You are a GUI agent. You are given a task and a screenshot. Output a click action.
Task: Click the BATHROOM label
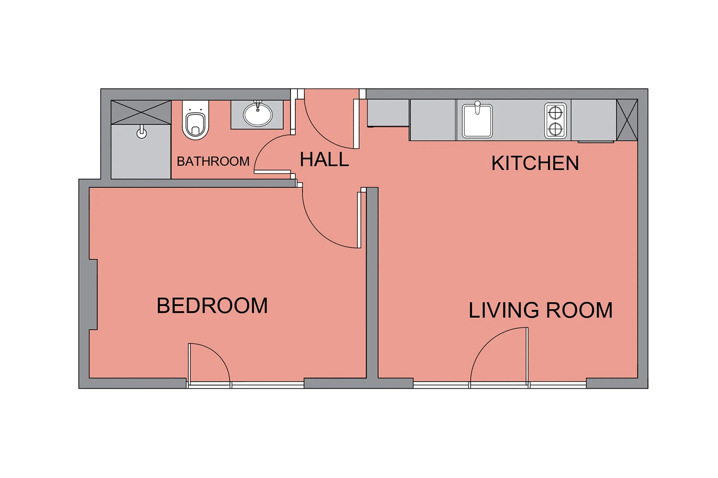[x=213, y=161]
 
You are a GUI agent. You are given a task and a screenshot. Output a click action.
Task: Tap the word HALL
[x=324, y=160]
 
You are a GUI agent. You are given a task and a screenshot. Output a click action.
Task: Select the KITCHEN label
[x=535, y=163]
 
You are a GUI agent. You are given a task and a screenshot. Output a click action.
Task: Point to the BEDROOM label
[x=212, y=305]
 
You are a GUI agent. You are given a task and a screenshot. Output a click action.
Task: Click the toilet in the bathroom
[x=195, y=120]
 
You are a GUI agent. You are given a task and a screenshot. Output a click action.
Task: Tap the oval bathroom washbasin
[x=258, y=114]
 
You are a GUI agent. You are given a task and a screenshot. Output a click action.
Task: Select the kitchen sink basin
[x=477, y=121]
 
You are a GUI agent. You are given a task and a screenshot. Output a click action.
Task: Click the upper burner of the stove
[x=555, y=112]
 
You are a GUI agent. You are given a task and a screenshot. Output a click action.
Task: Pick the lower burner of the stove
[x=555, y=130]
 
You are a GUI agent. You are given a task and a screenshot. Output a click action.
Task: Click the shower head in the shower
[x=141, y=132]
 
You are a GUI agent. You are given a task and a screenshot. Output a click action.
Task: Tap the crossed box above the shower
[x=141, y=112]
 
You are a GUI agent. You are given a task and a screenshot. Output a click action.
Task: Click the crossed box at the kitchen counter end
[x=627, y=120]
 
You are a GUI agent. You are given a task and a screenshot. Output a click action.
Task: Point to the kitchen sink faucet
[x=477, y=107]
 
